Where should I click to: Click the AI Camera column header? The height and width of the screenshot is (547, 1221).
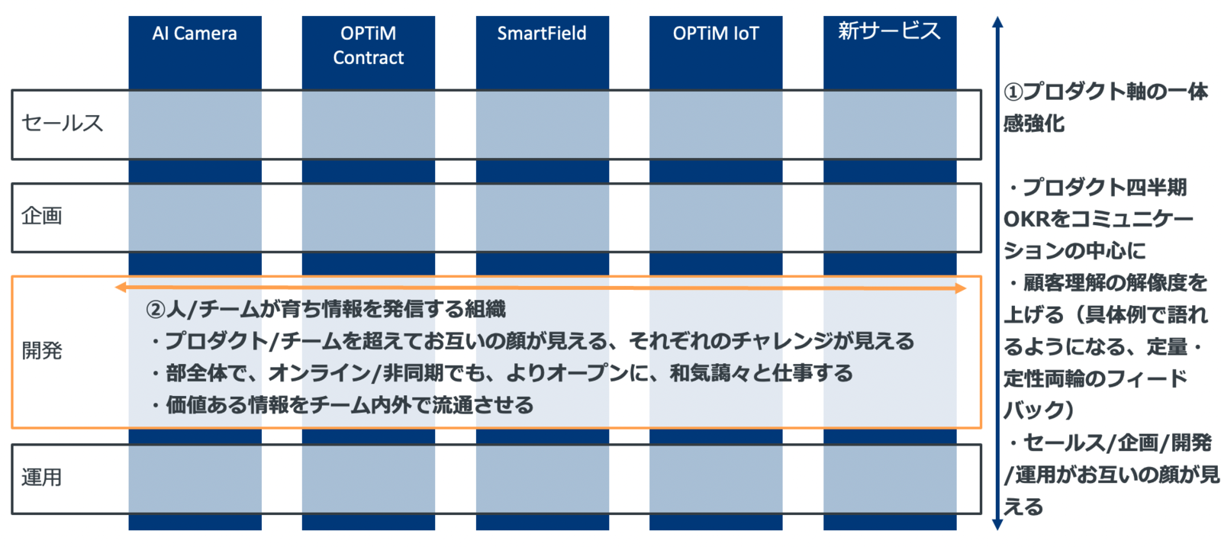195,34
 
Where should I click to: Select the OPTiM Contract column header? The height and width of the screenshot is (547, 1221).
369,46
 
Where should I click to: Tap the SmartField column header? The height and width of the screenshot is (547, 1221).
542,34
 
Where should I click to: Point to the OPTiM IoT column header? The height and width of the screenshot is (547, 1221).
716,34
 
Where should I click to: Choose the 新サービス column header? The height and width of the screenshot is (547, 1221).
890,31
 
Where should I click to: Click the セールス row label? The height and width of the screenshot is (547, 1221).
62,123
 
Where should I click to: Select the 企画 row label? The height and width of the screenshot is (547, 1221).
42,217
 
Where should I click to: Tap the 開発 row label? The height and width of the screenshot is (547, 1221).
42,351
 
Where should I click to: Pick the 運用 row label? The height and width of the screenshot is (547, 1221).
42,478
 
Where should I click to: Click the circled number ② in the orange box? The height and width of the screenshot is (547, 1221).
156,310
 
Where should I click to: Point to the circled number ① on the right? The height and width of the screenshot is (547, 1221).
1013,92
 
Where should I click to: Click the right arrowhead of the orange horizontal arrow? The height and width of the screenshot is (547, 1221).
962,288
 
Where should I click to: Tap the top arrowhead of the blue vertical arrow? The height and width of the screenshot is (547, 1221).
997,22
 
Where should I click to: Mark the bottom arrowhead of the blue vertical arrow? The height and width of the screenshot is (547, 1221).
997,524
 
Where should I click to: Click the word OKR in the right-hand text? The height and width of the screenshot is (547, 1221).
1026,220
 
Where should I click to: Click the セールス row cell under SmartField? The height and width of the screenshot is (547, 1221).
543,125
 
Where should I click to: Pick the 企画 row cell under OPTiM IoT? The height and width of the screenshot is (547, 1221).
716,218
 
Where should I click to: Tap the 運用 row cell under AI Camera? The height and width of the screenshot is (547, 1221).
195,479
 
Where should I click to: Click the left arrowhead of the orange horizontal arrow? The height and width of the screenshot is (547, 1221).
121,288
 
